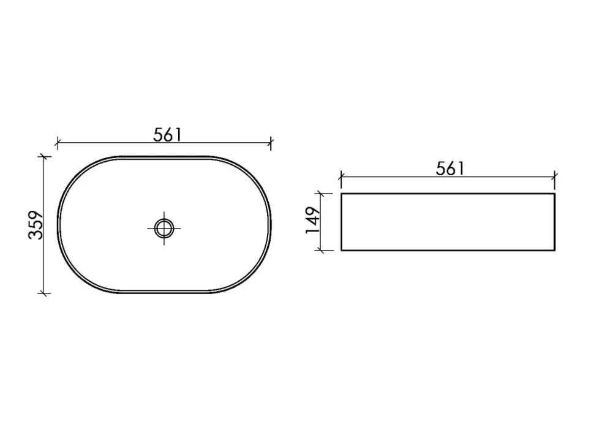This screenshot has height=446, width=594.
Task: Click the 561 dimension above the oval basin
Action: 167,135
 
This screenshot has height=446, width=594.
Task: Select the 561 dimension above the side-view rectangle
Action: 450,168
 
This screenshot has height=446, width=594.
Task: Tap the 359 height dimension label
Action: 36,225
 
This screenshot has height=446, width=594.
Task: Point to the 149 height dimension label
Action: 313,220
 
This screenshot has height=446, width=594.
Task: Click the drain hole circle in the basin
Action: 164,228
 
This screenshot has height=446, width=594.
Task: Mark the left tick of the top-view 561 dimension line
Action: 57,143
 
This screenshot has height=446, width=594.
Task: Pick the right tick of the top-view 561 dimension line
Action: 271,143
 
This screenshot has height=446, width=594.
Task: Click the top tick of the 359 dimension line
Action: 44,156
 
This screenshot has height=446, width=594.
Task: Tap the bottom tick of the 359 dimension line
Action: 44,293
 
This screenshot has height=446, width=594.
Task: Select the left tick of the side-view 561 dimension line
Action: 341,176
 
